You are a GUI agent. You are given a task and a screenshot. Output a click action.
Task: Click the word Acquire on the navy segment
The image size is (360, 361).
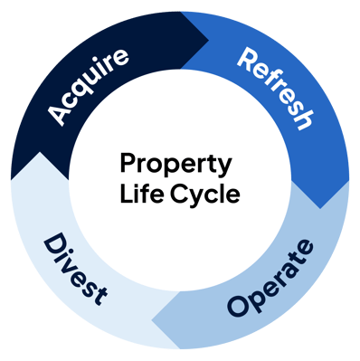coord(88,87)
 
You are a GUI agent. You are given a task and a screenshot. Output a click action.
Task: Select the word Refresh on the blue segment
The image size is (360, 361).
coord(275,89)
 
